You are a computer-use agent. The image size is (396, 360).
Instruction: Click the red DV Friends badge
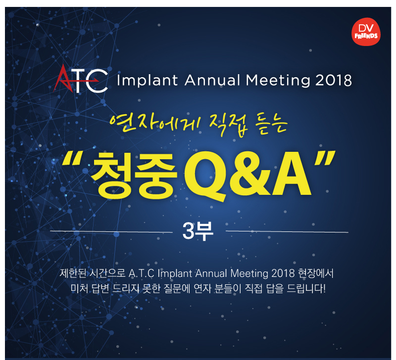tap(366, 32)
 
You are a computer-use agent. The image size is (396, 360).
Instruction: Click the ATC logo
tap(81, 79)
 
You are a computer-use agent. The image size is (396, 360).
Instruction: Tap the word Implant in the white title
tap(147, 81)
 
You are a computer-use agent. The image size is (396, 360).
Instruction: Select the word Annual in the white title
tap(212, 80)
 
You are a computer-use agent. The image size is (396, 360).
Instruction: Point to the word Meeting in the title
tap(278, 81)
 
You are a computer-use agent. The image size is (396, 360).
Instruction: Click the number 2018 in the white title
tap(333, 81)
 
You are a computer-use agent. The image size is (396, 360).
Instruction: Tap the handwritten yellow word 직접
tap(228, 126)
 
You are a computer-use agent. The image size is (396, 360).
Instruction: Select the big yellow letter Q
tap(205, 176)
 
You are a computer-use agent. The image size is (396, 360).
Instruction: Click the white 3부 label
tap(198, 231)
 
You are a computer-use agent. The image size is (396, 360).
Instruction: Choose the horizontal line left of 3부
tap(111, 231)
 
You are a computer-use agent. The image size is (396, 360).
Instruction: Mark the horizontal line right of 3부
tap(287, 231)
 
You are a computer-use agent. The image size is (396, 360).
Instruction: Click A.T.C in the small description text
tap(142, 273)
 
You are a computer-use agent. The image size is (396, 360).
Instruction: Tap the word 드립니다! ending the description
tap(306, 289)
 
